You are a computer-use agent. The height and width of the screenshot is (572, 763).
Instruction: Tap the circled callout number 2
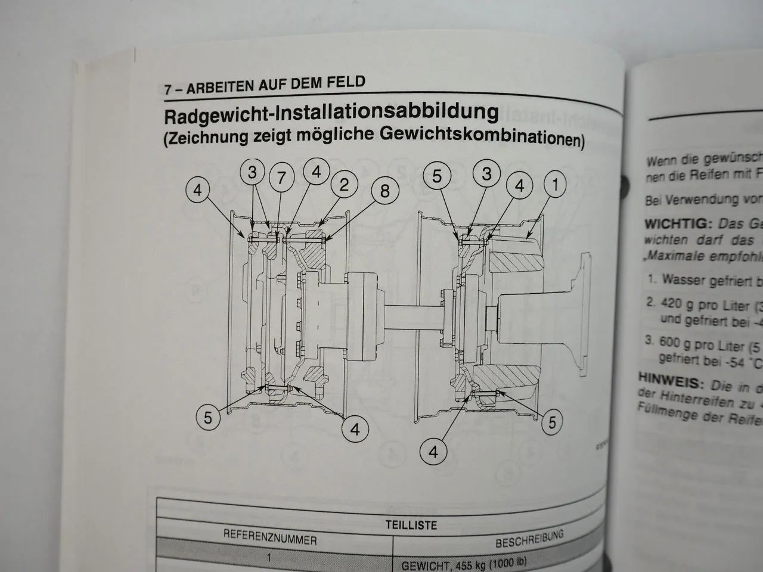(x=344, y=185)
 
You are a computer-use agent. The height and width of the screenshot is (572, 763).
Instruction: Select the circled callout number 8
(x=384, y=191)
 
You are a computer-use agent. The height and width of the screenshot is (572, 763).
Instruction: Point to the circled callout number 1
(x=555, y=185)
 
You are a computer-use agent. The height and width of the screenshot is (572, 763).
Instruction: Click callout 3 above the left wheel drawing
(x=252, y=173)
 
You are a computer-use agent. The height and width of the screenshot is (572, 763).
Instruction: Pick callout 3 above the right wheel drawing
(x=486, y=173)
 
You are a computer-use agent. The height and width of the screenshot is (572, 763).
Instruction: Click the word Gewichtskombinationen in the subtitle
(x=480, y=138)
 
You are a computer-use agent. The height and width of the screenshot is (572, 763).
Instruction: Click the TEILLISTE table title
(x=411, y=525)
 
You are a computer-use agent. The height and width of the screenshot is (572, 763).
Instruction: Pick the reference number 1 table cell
(x=269, y=559)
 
